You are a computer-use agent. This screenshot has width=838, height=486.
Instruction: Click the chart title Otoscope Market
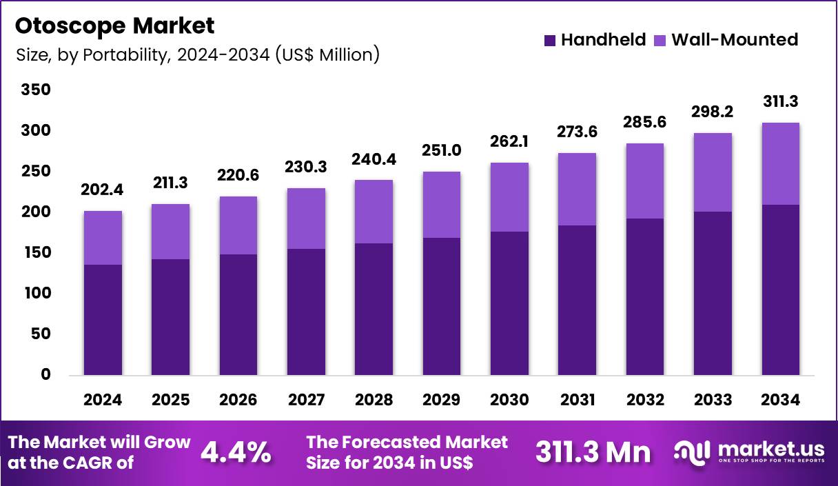114,26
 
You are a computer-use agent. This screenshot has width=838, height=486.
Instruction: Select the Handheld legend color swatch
549,40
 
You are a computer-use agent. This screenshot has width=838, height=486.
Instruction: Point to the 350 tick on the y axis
37,90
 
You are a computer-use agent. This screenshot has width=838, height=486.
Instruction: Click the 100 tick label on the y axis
37,293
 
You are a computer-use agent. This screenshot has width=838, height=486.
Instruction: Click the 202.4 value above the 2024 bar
103,191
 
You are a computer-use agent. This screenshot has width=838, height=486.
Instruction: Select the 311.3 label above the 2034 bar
780,102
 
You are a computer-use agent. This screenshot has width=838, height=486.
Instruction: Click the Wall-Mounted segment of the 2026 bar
238,225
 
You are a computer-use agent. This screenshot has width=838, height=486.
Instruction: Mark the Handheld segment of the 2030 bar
509,303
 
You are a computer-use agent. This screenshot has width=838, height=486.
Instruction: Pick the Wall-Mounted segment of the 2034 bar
780,163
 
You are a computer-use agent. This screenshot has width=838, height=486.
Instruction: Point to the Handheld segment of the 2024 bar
103,320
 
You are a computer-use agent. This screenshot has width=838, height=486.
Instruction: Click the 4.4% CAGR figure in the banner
235,452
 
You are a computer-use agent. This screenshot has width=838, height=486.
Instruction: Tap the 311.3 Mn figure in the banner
593,452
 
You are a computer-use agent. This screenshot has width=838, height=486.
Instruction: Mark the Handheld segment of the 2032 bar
644,297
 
